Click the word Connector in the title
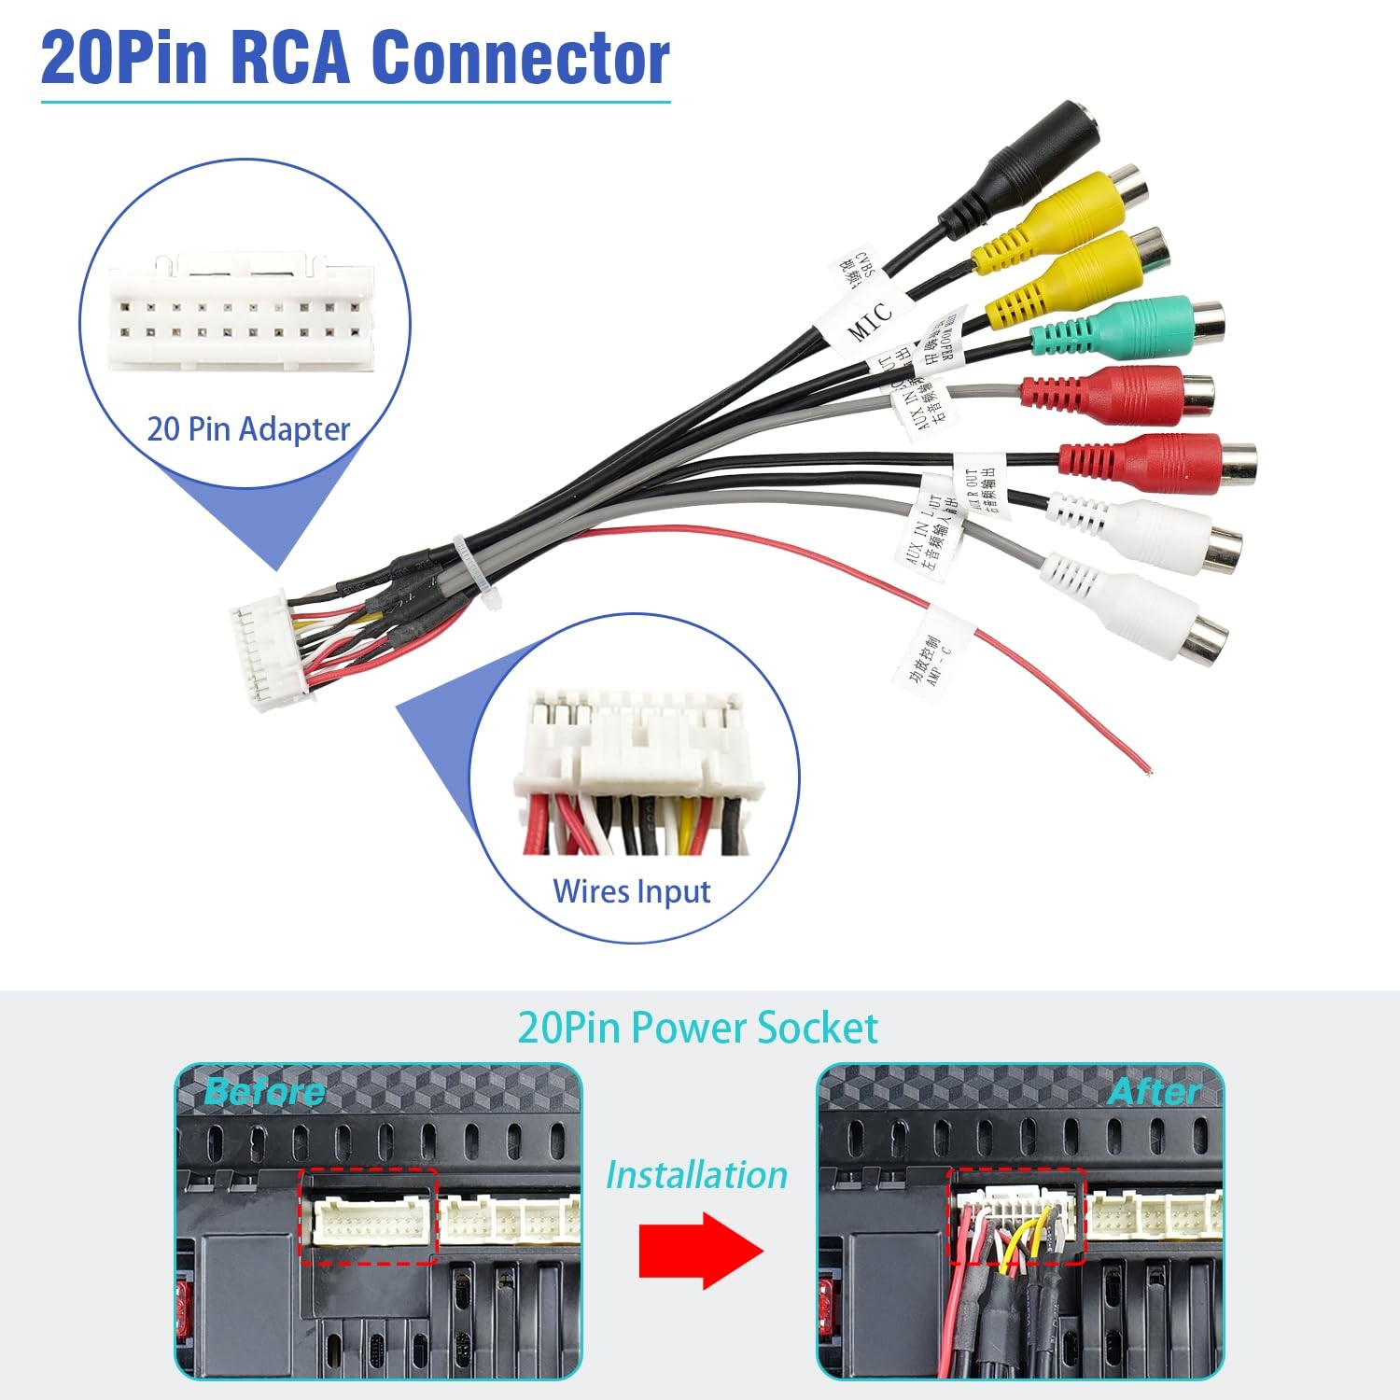point(520,58)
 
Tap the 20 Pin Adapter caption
point(248,428)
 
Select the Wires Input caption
point(632,891)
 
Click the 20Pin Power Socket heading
point(697,1028)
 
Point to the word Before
point(264,1091)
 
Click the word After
point(1155,1091)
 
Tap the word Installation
point(696,1175)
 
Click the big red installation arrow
point(700,1251)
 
